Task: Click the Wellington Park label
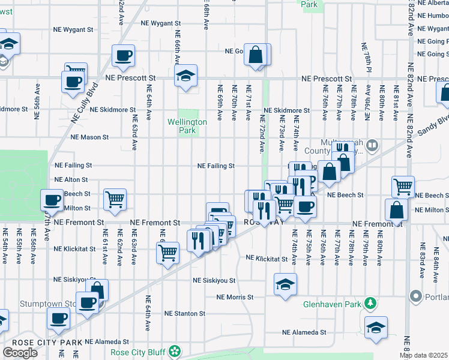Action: [187, 126]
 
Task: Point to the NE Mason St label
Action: [89, 137]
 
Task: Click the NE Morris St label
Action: [235, 297]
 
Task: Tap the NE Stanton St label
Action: [185, 313]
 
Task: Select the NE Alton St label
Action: [71, 179]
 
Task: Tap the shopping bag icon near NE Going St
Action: [256, 55]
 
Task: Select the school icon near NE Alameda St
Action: [376, 327]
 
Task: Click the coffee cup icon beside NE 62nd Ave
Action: [123, 55]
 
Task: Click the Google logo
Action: [20, 353]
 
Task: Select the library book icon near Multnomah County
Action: [372, 145]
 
